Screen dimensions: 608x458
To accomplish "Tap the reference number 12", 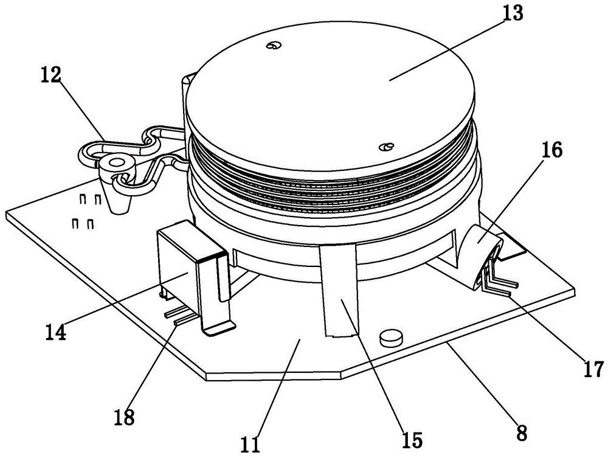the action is click(51, 75).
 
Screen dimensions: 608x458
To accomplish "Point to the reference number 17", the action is click(593, 369).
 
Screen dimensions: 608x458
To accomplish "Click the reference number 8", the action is click(522, 432).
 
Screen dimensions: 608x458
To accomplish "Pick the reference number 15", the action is click(412, 440).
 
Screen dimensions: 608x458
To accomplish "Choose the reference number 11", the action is click(250, 445).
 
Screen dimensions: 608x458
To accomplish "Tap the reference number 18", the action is click(124, 417).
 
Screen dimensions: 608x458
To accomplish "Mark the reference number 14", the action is click(55, 332).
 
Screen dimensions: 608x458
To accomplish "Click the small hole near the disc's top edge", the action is click(274, 46).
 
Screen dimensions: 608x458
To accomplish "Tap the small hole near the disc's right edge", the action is click(386, 147).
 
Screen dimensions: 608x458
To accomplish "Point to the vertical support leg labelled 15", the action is click(339, 291).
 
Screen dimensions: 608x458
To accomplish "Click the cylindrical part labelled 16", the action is click(480, 256).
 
